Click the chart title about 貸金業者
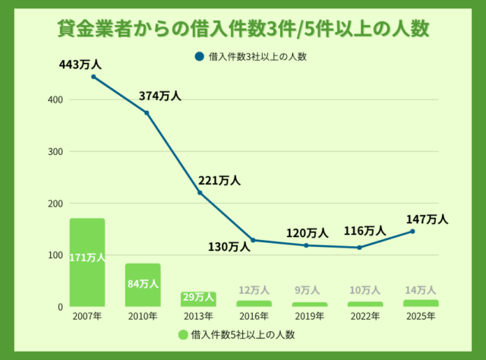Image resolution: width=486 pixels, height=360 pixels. pyautogui.click(x=243, y=28)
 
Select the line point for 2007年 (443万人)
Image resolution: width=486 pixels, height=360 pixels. pyautogui.click(x=93, y=77)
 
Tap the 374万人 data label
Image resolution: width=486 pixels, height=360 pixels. pyautogui.click(x=160, y=96)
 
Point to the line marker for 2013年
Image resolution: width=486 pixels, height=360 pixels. pyautogui.click(x=200, y=193)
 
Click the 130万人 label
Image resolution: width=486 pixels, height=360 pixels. pyautogui.click(x=229, y=246)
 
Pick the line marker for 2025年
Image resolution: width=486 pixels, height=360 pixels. pyautogui.click(x=413, y=231)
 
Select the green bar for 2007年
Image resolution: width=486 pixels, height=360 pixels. pyautogui.click(x=87, y=262)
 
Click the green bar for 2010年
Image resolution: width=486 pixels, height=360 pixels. pyautogui.click(x=143, y=285)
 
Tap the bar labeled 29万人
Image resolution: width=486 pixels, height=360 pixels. pyautogui.click(x=199, y=298)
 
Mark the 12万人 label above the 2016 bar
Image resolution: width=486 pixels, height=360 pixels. pyautogui.click(x=254, y=290)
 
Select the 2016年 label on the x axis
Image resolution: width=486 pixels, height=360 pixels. pyautogui.click(x=254, y=316)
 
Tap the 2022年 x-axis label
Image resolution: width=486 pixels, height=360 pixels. pyautogui.click(x=364, y=316)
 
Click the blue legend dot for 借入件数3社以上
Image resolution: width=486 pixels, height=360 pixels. pyautogui.click(x=199, y=56)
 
